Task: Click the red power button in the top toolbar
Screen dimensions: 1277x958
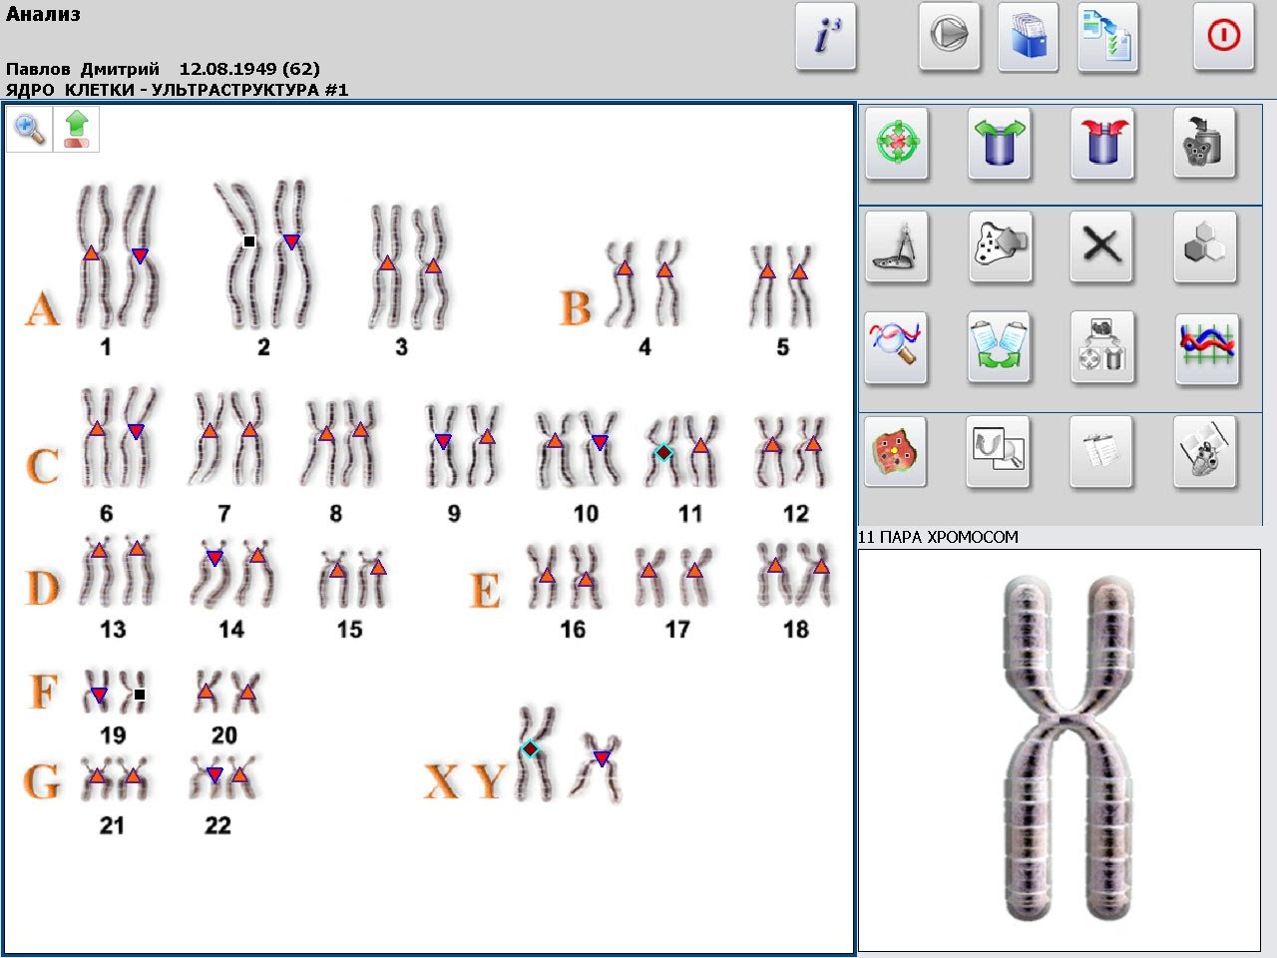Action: [1223, 36]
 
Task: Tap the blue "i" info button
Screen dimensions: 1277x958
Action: [826, 36]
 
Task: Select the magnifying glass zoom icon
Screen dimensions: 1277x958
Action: [30, 129]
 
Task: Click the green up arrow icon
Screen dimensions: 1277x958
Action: [76, 129]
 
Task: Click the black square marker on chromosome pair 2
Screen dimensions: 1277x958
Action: [249, 240]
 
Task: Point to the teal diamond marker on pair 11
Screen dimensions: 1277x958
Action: [663, 452]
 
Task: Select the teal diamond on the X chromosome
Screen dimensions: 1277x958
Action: [530, 748]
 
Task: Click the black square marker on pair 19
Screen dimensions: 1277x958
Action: [140, 694]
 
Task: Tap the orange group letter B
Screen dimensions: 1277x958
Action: [575, 307]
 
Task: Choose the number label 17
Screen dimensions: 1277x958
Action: [677, 630]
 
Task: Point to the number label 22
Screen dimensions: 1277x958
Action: [217, 825]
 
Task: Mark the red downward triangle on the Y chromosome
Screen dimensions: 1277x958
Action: [603, 757]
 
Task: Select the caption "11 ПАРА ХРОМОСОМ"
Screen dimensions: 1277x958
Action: [938, 537]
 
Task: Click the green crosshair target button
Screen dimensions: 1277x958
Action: [897, 143]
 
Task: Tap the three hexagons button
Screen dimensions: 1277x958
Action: [1205, 246]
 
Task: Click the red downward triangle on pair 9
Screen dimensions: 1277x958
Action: [443, 441]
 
